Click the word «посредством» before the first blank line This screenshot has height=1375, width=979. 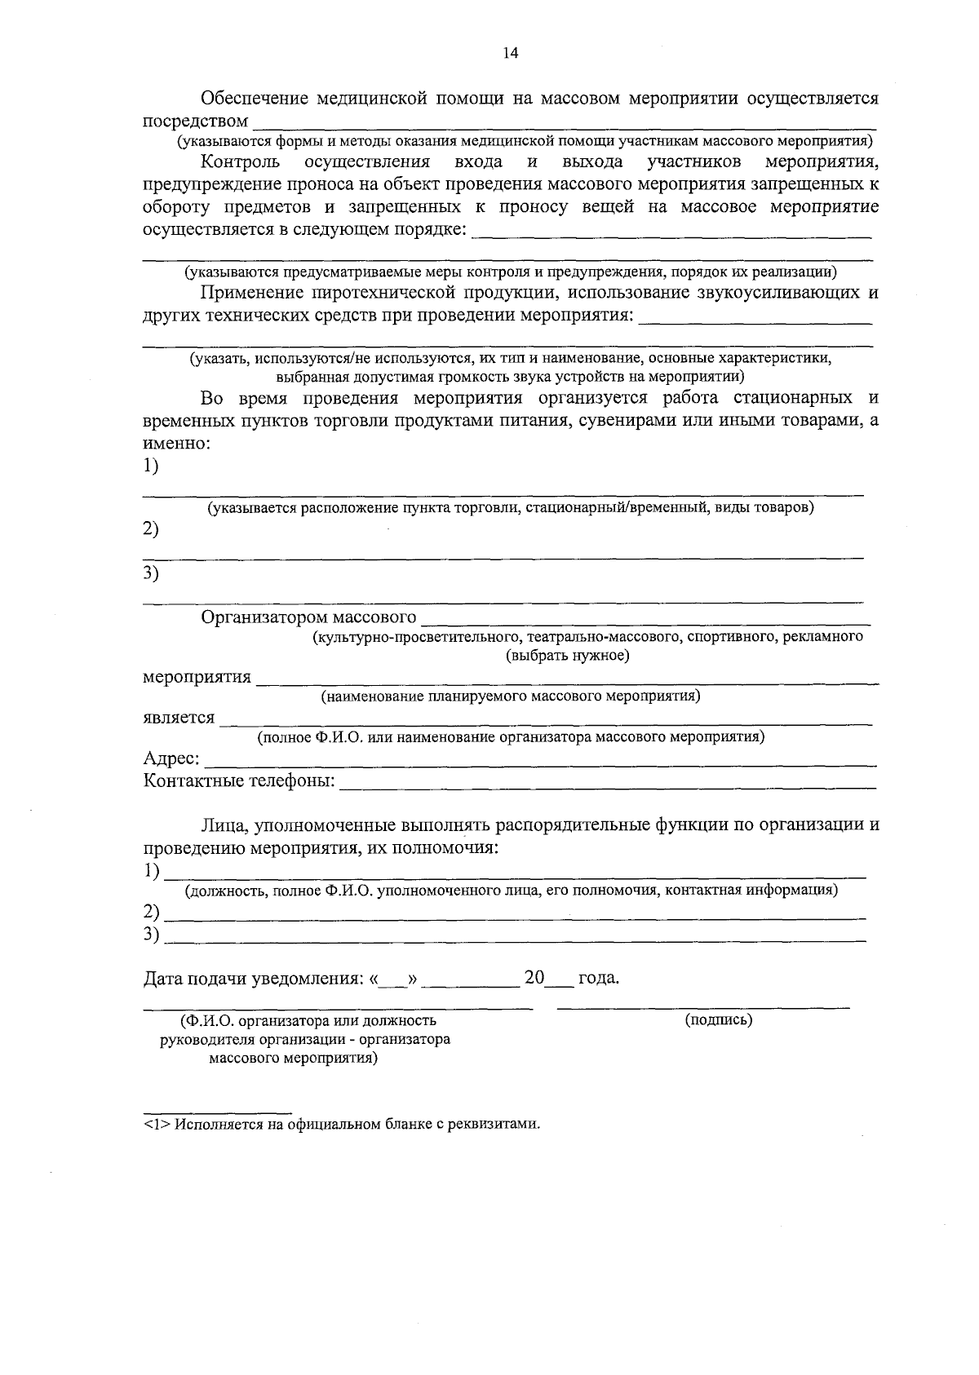tap(195, 122)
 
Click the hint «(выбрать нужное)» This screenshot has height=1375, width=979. tap(568, 656)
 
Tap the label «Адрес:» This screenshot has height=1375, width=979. tap(172, 758)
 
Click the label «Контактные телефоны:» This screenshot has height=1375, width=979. tap(239, 781)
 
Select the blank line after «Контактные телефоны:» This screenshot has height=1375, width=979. tap(607, 785)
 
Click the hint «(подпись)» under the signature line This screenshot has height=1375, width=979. tap(719, 1019)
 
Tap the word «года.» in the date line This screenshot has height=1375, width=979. tap(599, 978)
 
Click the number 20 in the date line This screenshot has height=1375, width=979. tap(534, 977)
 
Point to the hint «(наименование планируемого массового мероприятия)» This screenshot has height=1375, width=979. tap(511, 696)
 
